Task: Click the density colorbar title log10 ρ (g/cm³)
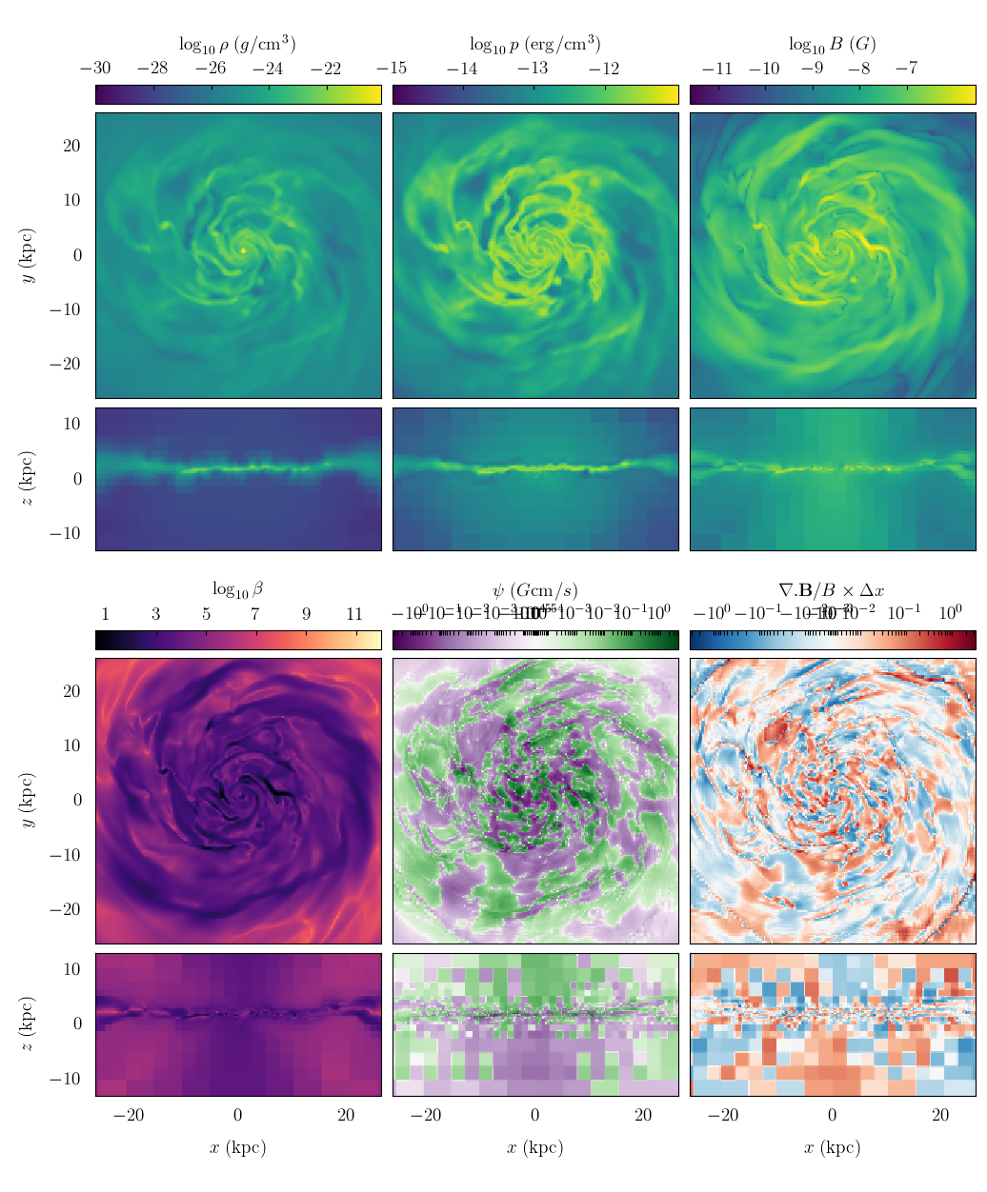(x=237, y=44)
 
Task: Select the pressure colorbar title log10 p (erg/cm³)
(x=534, y=44)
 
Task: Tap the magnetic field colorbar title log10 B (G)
(x=832, y=44)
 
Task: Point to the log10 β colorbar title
(x=237, y=589)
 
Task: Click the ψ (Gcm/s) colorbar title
(x=534, y=590)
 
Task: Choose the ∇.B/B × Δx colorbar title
(x=832, y=590)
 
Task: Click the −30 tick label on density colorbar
(x=95, y=69)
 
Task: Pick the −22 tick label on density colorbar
(x=326, y=69)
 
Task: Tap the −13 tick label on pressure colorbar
(x=533, y=69)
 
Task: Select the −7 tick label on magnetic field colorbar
(x=906, y=69)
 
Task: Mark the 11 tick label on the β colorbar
(x=354, y=614)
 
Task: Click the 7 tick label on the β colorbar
(x=255, y=614)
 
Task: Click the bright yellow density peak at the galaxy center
(x=244, y=250)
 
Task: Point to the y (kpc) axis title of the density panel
(x=29, y=255)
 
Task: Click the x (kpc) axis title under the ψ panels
(x=534, y=1147)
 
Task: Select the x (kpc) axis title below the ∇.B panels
(x=832, y=1147)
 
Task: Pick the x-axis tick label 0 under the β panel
(x=237, y=1116)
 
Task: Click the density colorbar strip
(x=237, y=94)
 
